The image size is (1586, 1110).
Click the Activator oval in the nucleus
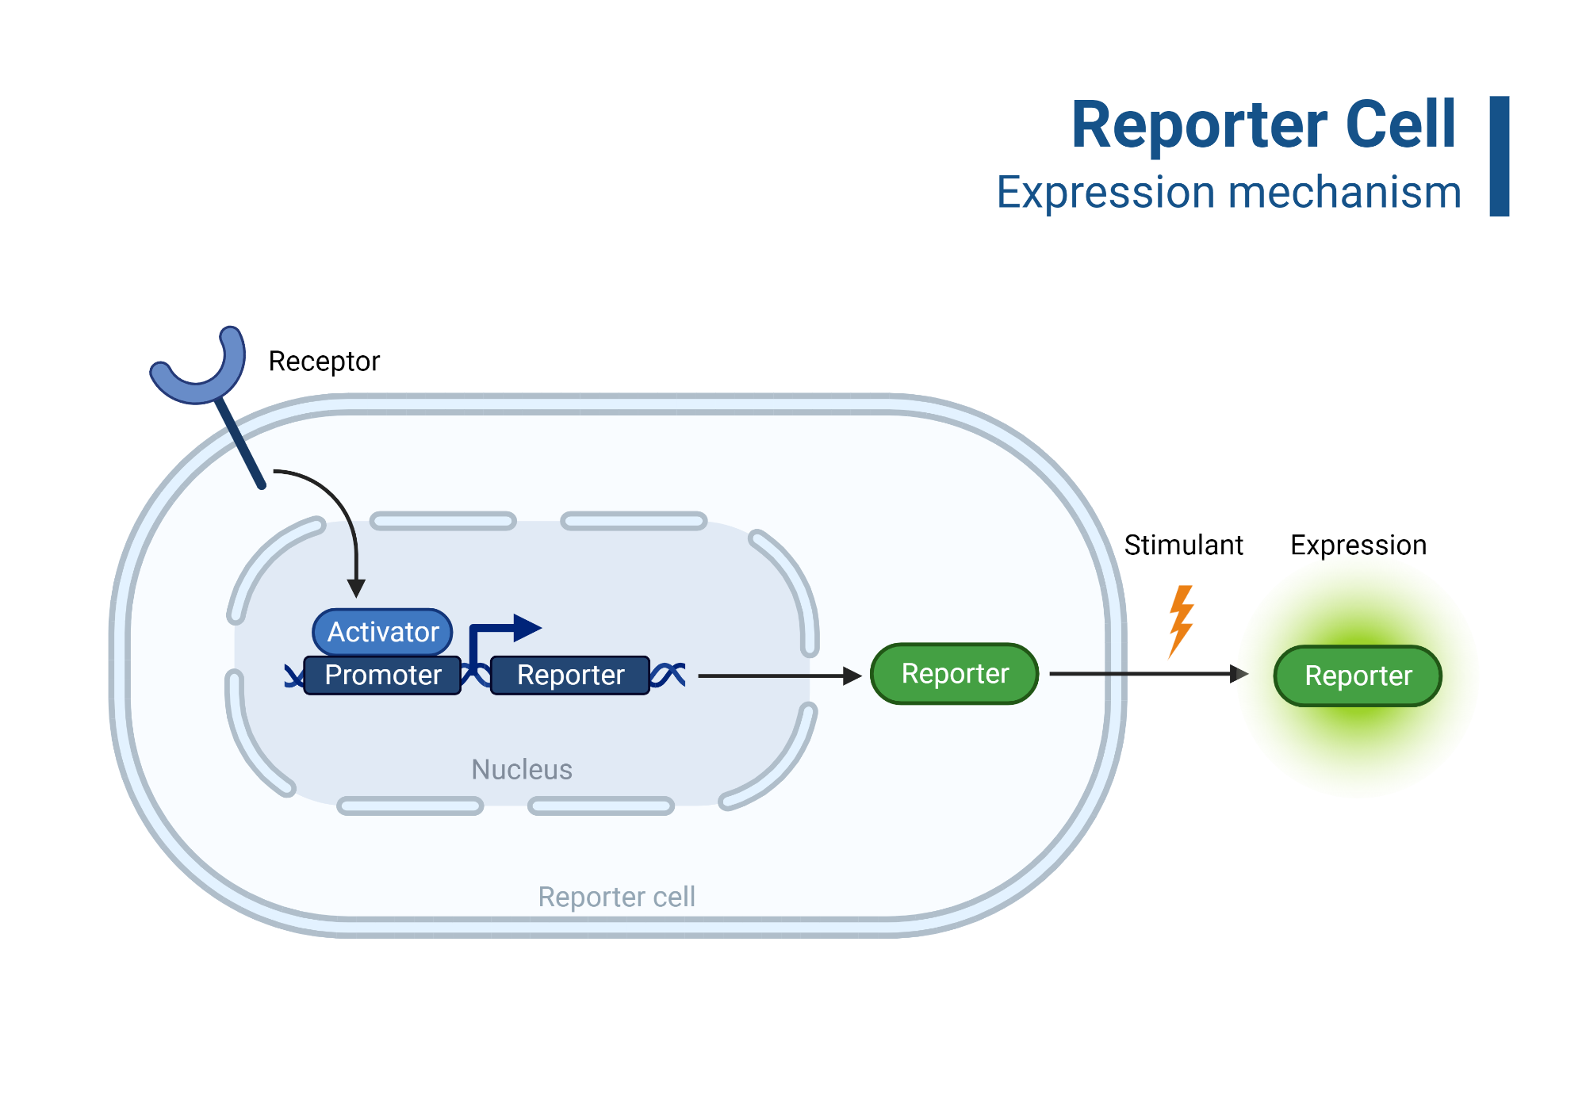click(x=382, y=632)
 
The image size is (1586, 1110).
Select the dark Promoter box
click(x=382, y=675)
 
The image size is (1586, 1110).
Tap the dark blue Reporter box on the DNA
click(x=570, y=675)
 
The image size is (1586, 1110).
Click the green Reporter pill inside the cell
click(x=954, y=674)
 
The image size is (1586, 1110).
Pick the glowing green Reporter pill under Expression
click(x=1358, y=676)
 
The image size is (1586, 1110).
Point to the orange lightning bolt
click(x=1181, y=620)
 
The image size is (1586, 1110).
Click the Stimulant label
click(x=1183, y=545)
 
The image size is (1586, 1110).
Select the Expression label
click(x=1358, y=545)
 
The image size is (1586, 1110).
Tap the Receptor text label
click(x=324, y=362)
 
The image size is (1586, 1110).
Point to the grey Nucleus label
click(x=521, y=769)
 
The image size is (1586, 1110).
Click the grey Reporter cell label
click(x=616, y=897)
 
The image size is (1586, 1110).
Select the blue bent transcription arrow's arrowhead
click(x=526, y=628)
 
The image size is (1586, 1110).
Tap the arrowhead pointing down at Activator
click(x=357, y=588)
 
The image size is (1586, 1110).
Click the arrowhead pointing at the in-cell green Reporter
click(x=852, y=676)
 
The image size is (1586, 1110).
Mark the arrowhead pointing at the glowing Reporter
click(x=1239, y=674)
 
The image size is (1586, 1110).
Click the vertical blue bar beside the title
click(x=1499, y=156)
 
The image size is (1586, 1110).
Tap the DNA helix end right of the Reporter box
click(x=668, y=675)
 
